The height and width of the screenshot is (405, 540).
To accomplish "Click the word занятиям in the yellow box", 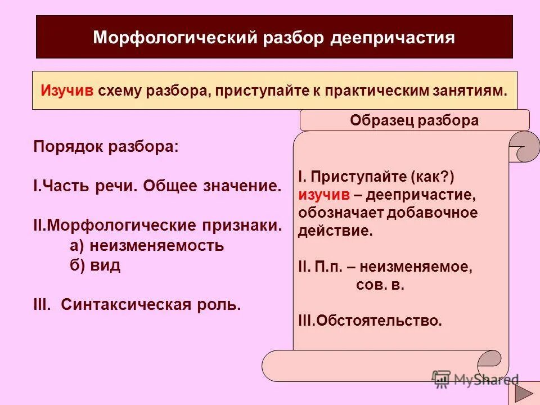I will tap(471, 92).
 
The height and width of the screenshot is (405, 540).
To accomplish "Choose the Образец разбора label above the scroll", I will tap(414, 120).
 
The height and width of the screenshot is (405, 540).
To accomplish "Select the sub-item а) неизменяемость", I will tap(147, 246).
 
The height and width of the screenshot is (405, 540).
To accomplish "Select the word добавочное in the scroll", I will tap(430, 213).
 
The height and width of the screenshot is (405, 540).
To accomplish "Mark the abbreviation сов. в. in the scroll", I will tap(380, 285).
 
